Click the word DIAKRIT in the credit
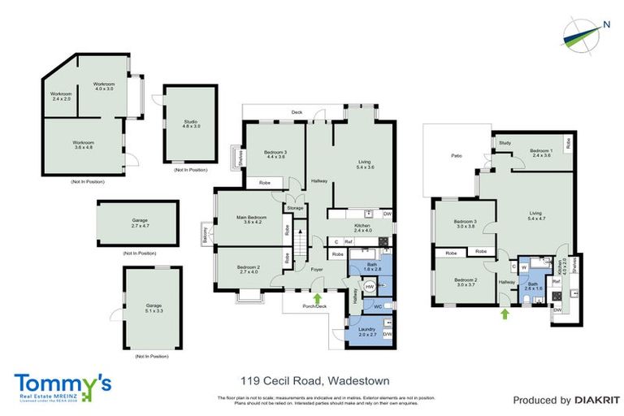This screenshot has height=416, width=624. coord(590,400)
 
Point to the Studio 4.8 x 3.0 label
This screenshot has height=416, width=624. coord(190,124)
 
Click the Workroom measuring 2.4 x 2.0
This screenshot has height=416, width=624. coord(61,97)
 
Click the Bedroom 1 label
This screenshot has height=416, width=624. coord(540,152)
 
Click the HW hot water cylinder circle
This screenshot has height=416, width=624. coord(370,287)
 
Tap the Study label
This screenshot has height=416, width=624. coord(505,142)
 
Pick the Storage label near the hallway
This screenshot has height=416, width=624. coord(294,209)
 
